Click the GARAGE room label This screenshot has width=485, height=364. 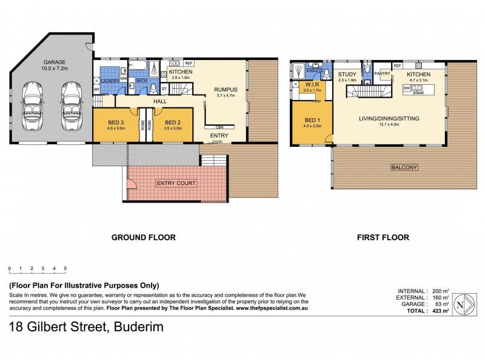click(x=55, y=62)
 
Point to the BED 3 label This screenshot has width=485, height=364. click(x=116, y=121)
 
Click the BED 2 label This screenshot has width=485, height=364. click(x=173, y=121)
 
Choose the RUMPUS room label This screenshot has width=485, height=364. click(x=225, y=90)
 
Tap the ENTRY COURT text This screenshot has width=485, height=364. click(x=176, y=183)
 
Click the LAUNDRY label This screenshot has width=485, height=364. click(x=109, y=80)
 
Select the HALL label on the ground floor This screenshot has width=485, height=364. click(x=160, y=102)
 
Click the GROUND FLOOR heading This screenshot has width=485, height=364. click(x=143, y=238)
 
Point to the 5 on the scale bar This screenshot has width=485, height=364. click(x=65, y=268)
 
